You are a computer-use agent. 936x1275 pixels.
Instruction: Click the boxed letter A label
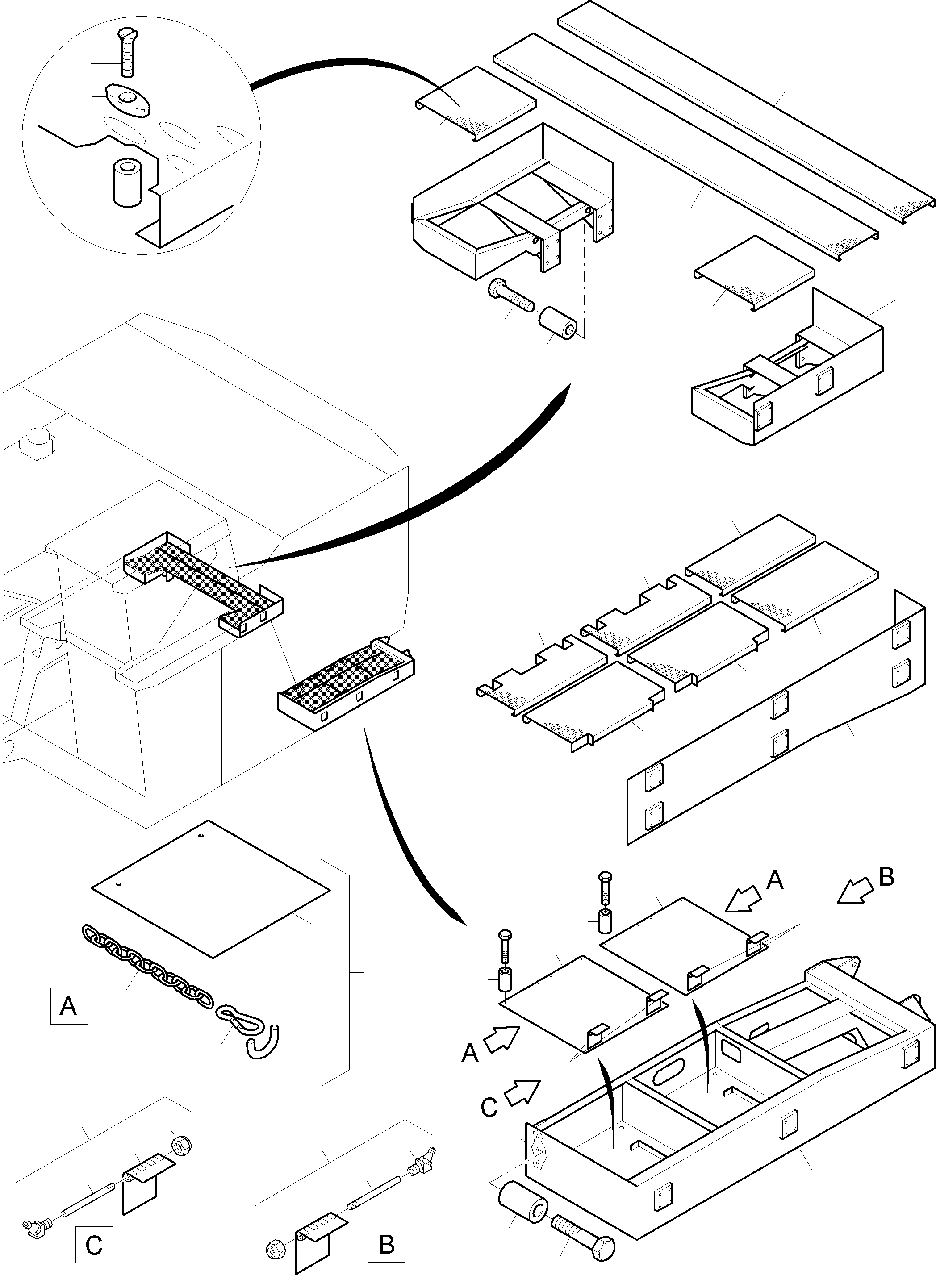tap(69, 1005)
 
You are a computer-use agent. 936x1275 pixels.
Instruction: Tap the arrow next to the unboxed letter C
tap(522, 1092)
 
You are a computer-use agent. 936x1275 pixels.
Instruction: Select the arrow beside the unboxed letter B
tap(854, 892)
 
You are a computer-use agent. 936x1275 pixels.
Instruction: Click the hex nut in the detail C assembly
tap(182, 1145)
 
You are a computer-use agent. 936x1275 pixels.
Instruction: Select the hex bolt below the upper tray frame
tap(510, 295)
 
